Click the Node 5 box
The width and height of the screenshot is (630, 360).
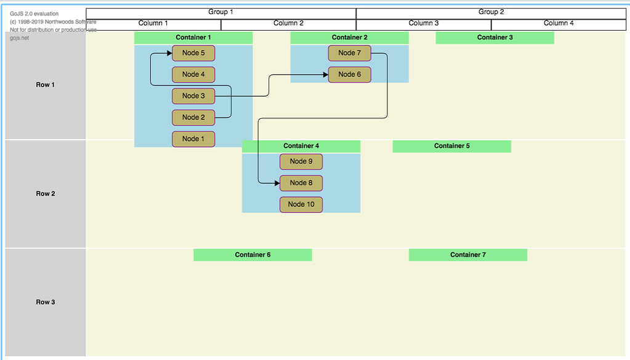pos(193,53)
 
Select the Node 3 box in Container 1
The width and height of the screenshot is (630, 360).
pos(193,96)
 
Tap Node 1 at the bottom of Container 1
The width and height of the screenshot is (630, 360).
pos(193,139)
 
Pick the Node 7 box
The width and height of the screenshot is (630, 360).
pos(350,53)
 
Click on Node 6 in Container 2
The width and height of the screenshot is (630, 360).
pos(350,74)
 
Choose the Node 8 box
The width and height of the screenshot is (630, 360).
pos(301,183)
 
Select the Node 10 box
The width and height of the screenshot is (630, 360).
pos(301,204)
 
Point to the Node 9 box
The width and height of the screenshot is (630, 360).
pos(301,161)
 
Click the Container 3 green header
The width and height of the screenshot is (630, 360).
pos(495,38)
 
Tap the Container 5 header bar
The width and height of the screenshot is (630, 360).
pos(451,146)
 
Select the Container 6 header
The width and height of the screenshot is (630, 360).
pos(252,255)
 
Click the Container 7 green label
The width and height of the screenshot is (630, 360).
pos(467,255)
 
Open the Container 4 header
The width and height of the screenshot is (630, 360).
pos(301,146)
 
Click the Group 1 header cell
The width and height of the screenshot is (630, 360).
pos(220,12)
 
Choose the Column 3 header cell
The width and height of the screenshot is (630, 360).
pos(423,24)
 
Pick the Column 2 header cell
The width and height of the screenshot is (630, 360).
pos(288,24)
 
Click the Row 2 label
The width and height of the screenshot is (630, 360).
pos(45,194)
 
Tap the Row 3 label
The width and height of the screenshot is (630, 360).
pos(45,302)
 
